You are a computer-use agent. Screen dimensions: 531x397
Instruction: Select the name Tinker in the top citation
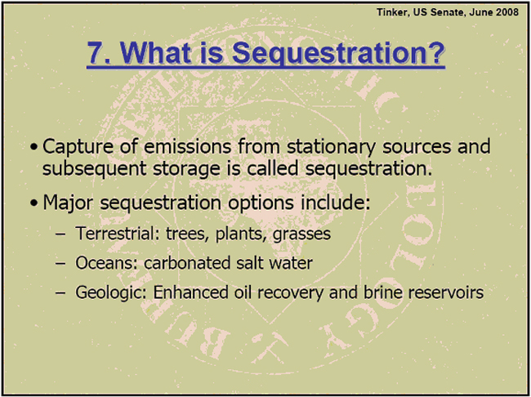(392, 12)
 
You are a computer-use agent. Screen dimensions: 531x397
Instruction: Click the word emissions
(187, 146)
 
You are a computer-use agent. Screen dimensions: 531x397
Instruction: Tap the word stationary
(331, 147)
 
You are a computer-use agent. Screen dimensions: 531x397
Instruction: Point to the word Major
(68, 203)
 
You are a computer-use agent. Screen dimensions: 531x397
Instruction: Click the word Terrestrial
(115, 234)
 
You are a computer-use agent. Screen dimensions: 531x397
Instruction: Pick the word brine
(382, 292)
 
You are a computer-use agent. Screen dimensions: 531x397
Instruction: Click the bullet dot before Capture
(33, 148)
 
